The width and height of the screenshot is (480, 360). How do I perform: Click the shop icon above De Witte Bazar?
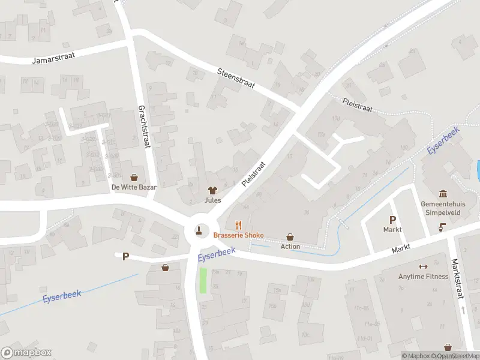[134, 177]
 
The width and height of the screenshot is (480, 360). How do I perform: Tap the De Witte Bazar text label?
[134, 187]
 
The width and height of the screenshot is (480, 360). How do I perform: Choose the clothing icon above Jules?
[212, 190]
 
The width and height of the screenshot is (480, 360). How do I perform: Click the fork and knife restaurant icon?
[238, 225]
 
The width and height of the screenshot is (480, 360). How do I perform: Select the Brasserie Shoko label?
[238, 235]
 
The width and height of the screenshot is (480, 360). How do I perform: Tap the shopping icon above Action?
[290, 237]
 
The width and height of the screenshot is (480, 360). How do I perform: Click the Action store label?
[290, 247]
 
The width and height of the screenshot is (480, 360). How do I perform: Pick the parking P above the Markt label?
[392, 220]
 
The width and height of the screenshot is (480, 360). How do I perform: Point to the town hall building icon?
[443, 193]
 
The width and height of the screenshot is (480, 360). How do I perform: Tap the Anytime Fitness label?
[423, 277]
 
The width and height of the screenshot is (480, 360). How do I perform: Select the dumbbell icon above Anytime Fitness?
[423, 266]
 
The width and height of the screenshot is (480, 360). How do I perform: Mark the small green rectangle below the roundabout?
[203, 280]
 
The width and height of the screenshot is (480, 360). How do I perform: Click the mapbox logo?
[26, 352]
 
